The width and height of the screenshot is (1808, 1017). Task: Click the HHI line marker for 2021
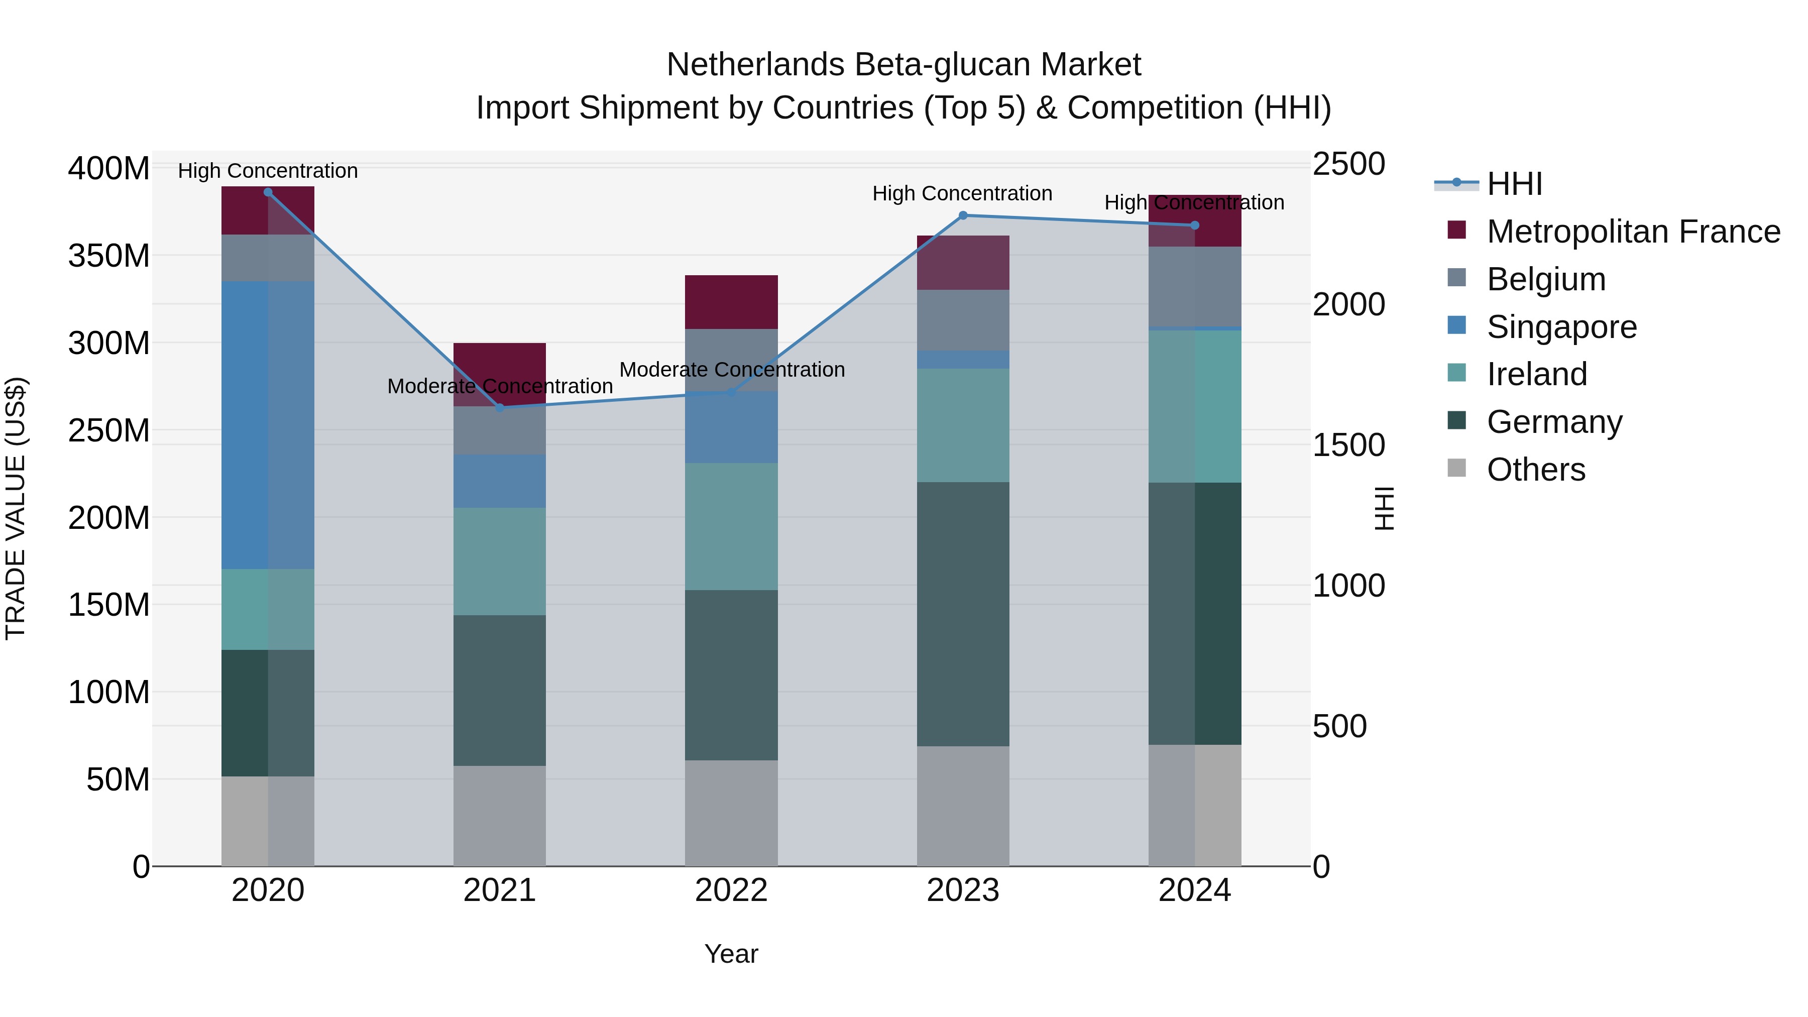click(x=500, y=407)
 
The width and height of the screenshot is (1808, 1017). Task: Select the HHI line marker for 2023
click(x=963, y=215)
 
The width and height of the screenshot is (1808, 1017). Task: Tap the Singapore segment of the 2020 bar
click(x=267, y=424)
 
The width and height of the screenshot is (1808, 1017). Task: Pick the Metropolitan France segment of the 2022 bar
click(x=731, y=302)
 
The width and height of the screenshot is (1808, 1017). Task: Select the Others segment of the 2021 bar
click(x=500, y=816)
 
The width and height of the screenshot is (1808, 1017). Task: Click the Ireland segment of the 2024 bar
click(x=1195, y=406)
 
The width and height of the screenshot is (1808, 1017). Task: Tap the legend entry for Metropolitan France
click(x=1633, y=232)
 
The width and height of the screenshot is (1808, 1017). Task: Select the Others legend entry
click(x=1536, y=470)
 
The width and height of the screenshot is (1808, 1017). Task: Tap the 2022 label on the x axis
click(x=731, y=890)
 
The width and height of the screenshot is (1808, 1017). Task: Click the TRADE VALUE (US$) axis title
click(x=16, y=508)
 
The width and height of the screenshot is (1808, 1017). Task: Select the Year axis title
click(x=731, y=954)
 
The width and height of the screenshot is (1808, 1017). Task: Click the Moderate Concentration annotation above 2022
click(x=731, y=369)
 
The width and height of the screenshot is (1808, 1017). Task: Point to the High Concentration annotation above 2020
click(x=267, y=171)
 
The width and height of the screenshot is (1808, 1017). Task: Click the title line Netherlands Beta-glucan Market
click(x=903, y=65)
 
